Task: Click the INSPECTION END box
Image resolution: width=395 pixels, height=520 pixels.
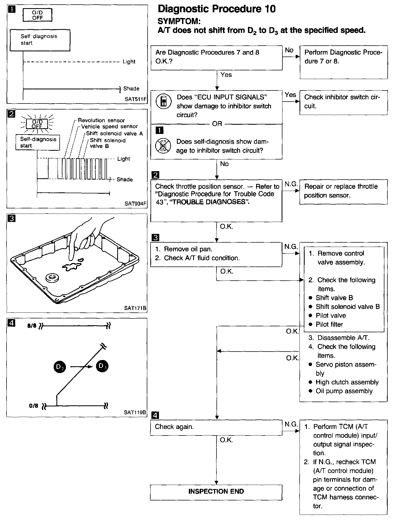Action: tap(216, 491)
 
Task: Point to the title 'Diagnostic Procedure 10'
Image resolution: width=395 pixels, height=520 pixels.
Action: tap(216, 9)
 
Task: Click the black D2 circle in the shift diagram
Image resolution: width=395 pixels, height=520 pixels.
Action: tap(60, 367)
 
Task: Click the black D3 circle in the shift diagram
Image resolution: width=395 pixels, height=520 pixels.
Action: tap(102, 366)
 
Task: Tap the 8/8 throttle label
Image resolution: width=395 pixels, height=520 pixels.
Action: tap(32, 326)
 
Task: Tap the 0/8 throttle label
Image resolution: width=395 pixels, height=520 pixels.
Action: tap(34, 406)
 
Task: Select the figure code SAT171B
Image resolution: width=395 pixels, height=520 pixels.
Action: tap(135, 308)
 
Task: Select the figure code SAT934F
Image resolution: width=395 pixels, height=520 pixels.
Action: tap(135, 203)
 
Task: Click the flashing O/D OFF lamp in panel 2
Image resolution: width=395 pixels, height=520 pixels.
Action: tap(37, 124)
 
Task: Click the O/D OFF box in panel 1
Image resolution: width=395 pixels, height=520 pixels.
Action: tap(37, 15)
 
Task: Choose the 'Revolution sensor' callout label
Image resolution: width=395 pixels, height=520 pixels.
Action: tap(101, 120)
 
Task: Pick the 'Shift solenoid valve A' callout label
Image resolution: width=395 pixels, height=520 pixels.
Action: tap(114, 133)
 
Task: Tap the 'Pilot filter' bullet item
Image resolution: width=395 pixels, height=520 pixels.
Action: tap(329, 324)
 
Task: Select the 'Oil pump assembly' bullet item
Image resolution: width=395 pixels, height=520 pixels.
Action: tap(344, 391)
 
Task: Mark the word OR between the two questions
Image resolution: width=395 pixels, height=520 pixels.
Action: tap(217, 124)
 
